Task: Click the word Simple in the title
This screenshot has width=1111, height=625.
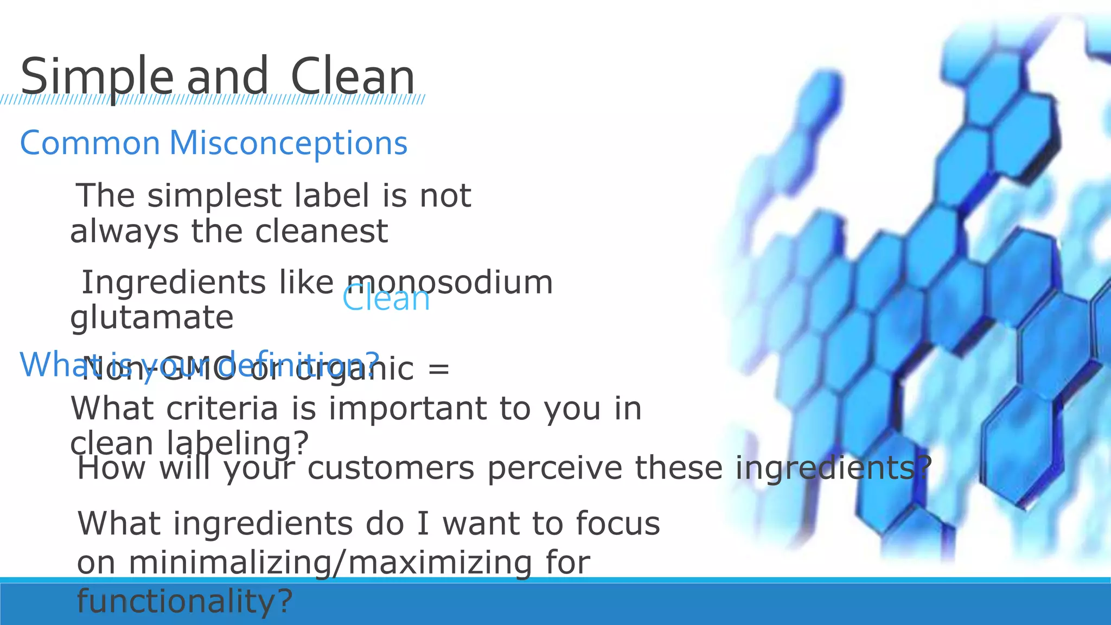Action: click(x=96, y=77)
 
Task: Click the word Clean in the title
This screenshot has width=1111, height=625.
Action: click(x=353, y=77)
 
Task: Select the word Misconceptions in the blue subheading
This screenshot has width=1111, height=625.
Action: click(x=288, y=143)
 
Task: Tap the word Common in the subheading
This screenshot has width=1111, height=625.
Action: click(x=90, y=143)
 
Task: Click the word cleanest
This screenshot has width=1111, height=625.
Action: click(x=321, y=231)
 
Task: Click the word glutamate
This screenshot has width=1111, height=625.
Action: click(x=152, y=317)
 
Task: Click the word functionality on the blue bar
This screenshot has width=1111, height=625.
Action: click(x=184, y=601)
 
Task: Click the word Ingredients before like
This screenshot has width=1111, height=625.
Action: click(x=173, y=283)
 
